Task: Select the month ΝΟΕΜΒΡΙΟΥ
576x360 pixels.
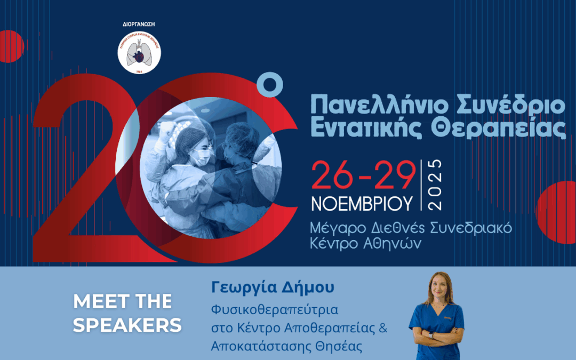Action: pos(362,203)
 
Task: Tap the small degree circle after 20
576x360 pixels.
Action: pos(269,86)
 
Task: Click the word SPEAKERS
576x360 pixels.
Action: pos(127,325)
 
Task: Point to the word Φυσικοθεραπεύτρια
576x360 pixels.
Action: pos(275,310)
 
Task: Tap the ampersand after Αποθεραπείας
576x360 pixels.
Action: pos(382,328)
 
